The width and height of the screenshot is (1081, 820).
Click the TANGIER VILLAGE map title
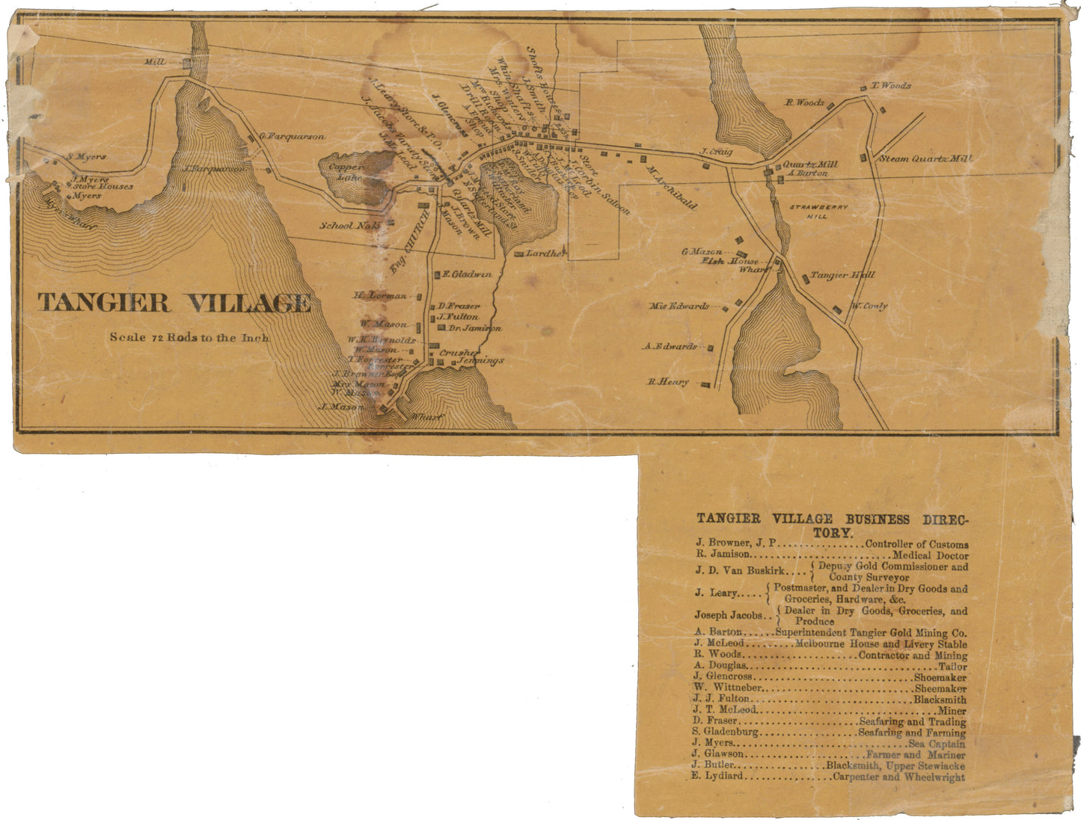point(174,303)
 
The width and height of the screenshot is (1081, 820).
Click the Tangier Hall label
point(842,276)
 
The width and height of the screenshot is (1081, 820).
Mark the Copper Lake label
point(346,173)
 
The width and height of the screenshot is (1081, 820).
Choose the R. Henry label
point(668,383)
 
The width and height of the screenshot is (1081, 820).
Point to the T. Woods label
point(891,86)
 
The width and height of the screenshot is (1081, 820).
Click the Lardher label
point(545,254)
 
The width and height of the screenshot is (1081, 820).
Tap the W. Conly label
point(869,306)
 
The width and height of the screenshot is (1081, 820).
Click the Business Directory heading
point(832,525)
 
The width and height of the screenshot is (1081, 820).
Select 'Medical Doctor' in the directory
point(930,556)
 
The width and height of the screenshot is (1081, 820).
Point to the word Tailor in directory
point(952,666)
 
